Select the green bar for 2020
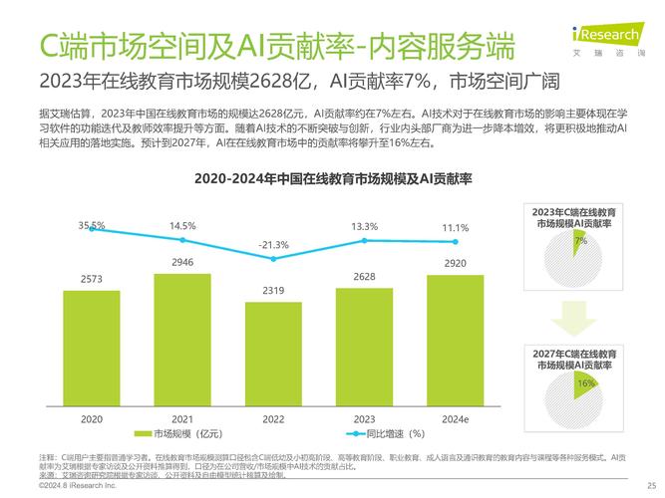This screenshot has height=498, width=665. click(91, 349)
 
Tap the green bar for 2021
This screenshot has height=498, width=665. click(182, 340)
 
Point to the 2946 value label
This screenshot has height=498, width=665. click(182, 262)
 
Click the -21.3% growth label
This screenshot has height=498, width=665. click(273, 244)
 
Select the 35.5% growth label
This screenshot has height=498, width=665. click(92, 225)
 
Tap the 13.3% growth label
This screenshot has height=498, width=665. click(365, 226)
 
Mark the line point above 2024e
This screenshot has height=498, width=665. click(456, 241)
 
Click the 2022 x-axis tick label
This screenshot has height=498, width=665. click(273, 420)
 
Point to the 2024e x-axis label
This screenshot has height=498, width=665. click(456, 420)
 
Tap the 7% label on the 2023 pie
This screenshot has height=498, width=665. click(579, 241)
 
